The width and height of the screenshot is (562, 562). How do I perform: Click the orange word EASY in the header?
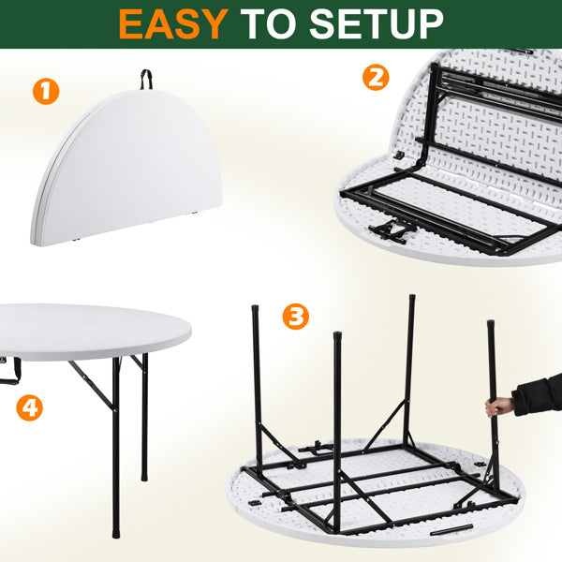point(173,24)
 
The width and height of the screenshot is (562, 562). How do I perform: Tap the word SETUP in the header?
point(377,24)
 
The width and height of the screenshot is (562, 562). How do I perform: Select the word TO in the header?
point(270,24)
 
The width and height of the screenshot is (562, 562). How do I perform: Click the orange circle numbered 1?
point(46,92)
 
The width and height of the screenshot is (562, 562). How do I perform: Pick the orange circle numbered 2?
point(376,77)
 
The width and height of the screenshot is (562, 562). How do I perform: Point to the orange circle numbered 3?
point(296,317)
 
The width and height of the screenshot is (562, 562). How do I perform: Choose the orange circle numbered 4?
point(29,407)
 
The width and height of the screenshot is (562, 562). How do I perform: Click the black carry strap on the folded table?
point(146,79)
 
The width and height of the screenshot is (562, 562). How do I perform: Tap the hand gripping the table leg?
point(499,407)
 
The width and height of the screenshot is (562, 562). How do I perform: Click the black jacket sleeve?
point(538,395)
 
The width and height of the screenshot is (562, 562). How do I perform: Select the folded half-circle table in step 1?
point(126,168)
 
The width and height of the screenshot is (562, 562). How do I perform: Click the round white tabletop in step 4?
point(94,332)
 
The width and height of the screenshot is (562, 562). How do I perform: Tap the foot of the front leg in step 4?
point(116,533)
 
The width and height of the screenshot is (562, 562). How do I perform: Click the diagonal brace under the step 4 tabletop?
point(92,386)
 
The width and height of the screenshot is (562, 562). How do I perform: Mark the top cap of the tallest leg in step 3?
point(412,298)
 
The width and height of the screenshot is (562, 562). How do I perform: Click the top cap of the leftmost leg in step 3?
point(255,308)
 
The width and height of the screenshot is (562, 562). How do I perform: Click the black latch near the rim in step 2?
point(399,155)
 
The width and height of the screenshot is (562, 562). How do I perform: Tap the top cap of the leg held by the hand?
point(490,323)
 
